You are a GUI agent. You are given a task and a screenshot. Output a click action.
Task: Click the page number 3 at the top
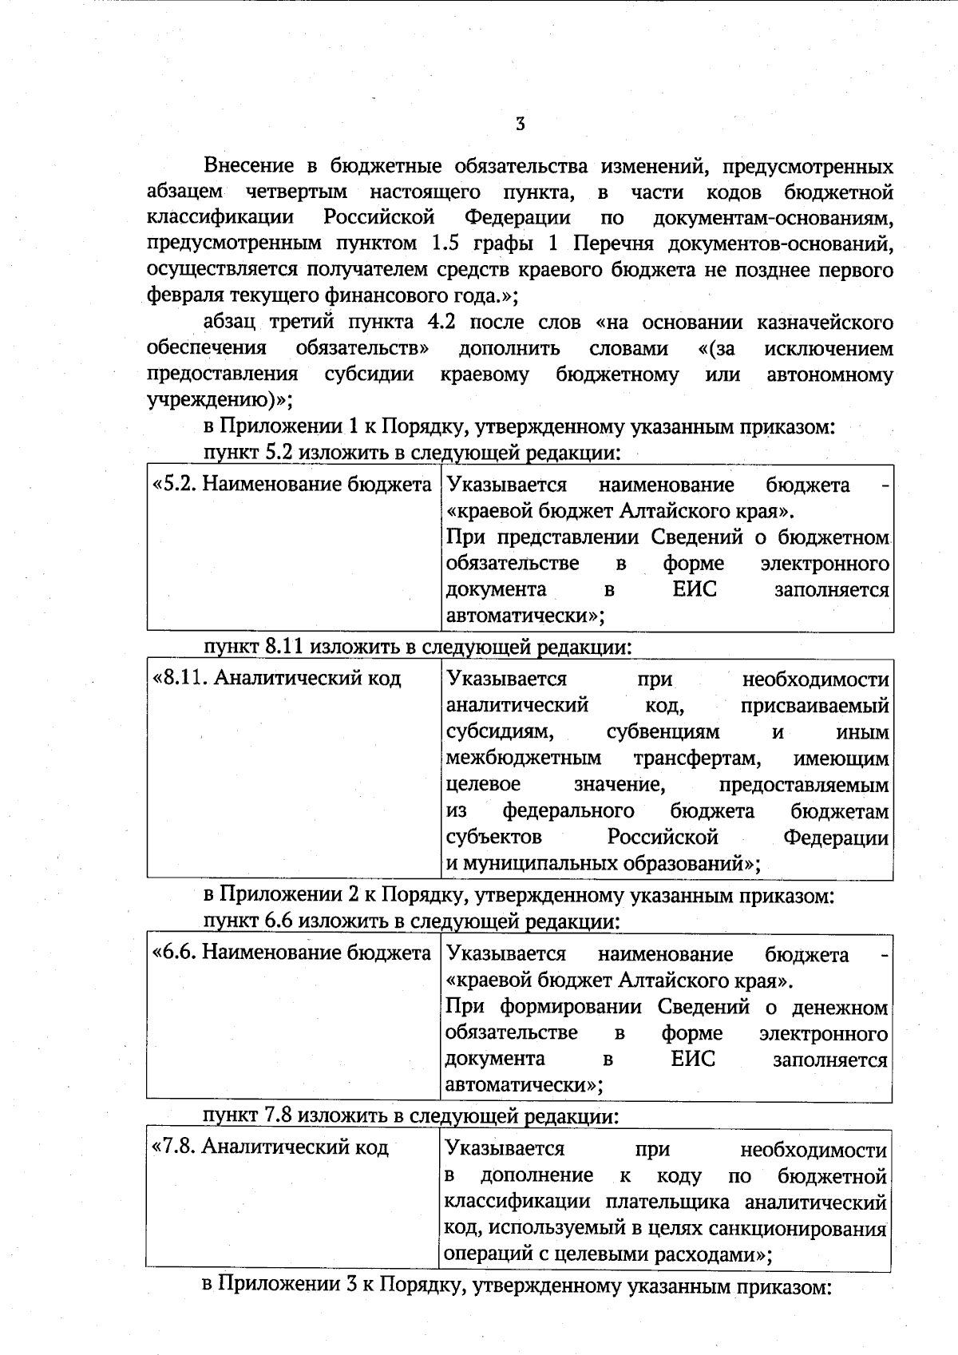[520, 124]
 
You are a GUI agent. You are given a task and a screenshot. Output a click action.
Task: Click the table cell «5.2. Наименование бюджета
[292, 485]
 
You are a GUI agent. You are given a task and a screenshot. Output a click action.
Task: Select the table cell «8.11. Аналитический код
[276, 679]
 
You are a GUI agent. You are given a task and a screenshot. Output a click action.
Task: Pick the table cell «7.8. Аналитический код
[270, 1147]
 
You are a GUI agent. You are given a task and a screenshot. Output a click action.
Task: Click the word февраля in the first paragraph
[181, 295]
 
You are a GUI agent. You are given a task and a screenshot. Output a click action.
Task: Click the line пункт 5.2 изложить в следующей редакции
[412, 453]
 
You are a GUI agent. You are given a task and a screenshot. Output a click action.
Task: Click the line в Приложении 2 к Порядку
[519, 896]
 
